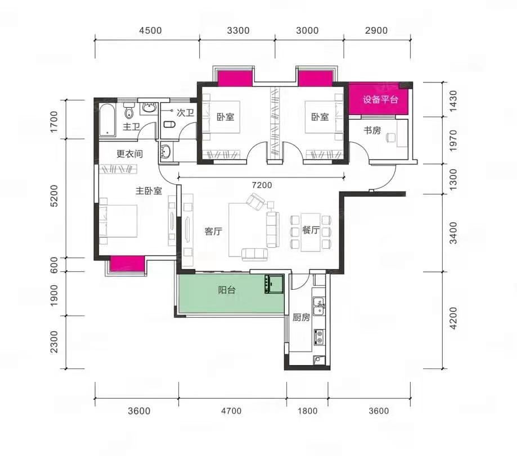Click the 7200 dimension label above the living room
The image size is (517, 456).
(262, 185)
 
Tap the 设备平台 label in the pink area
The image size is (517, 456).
(380, 99)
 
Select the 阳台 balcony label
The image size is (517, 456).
(227, 290)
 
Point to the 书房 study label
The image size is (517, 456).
(372, 130)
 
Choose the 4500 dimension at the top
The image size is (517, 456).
(150, 31)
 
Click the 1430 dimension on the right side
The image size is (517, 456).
(453, 101)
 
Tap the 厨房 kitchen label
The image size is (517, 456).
(302, 317)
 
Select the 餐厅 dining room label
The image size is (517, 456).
(311, 230)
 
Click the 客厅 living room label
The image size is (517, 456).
(213, 231)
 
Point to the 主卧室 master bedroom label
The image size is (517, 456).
(149, 191)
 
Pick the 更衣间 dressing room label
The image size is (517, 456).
(129, 154)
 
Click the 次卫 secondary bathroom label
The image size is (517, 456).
(185, 113)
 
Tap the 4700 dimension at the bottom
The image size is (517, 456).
(231, 411)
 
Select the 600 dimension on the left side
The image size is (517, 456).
(54, 265)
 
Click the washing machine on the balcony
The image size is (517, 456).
(273, 284)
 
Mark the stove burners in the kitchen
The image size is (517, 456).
(319, 337)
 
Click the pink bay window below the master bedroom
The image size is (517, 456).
(127, 264)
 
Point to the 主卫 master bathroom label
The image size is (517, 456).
(131, 127)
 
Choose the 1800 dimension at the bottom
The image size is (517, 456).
(308, 411)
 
